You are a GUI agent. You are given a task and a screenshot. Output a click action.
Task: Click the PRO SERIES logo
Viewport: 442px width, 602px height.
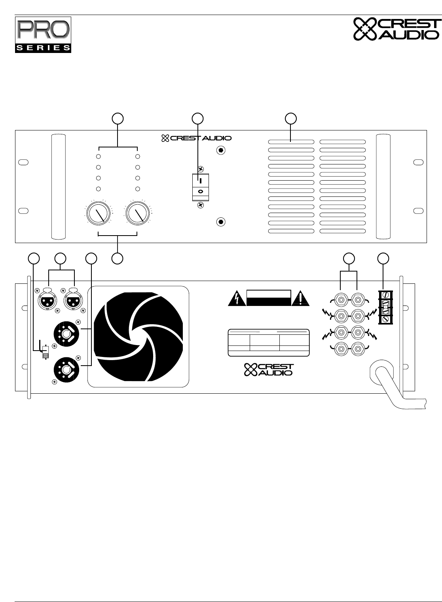(43, 34)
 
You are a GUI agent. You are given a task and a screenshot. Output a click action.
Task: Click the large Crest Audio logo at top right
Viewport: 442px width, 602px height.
(396, 29)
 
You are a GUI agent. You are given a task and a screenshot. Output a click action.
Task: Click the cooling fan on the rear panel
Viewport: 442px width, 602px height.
(138, 336)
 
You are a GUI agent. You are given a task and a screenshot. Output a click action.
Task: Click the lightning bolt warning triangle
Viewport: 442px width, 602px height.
(237, 299)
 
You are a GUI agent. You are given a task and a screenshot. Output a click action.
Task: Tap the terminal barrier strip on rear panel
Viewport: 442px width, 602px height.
(385, 307)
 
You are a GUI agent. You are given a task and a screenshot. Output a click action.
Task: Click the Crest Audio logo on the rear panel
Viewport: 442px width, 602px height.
(269, 369)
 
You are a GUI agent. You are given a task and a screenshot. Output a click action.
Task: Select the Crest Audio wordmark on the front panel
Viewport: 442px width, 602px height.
(196, 138)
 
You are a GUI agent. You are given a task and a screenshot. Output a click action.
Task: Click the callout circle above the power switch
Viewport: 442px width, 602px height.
(197, 118)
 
